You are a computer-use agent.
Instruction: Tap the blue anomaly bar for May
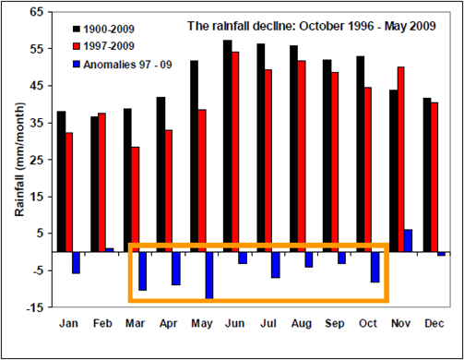click(x=209, y=274)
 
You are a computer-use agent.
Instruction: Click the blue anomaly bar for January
click(x=76, y=261)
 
